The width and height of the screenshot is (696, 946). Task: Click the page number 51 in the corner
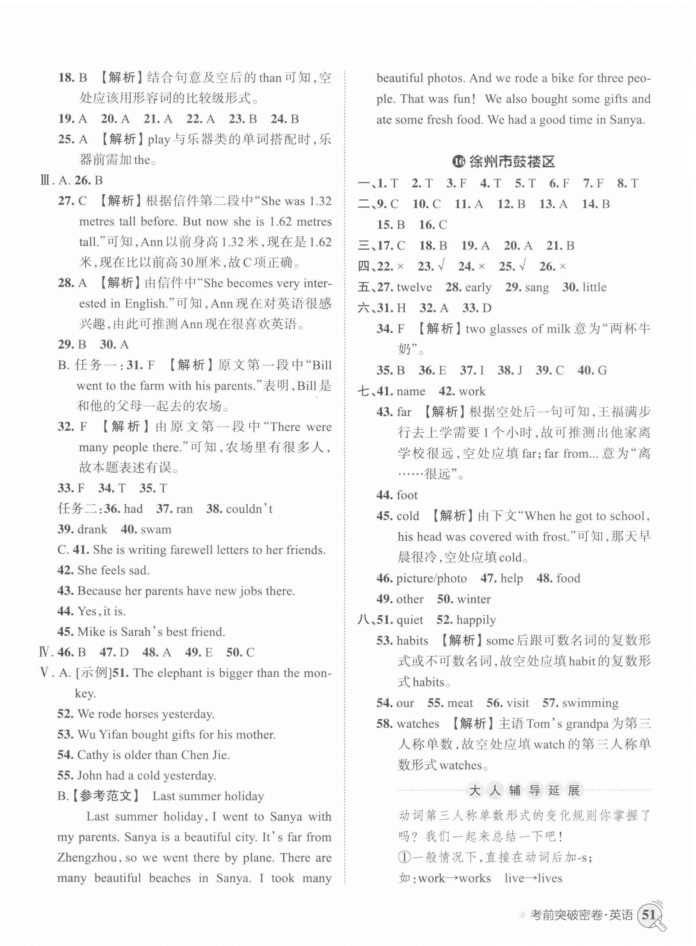coord(649,911)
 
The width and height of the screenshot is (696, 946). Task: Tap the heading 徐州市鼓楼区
coord(512,162)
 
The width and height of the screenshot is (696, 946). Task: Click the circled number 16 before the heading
coord(459,162)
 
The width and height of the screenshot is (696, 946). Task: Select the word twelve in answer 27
coord(414,287)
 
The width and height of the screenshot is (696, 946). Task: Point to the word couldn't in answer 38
coord(249,509)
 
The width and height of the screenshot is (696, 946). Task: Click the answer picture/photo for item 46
coord(431,578)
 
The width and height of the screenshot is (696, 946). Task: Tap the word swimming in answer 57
coord(590,703)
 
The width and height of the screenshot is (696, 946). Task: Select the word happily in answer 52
coord(476,620)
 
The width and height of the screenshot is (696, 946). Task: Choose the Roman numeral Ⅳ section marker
coord(44,653)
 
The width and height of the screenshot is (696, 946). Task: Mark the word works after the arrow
coord(475,878)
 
